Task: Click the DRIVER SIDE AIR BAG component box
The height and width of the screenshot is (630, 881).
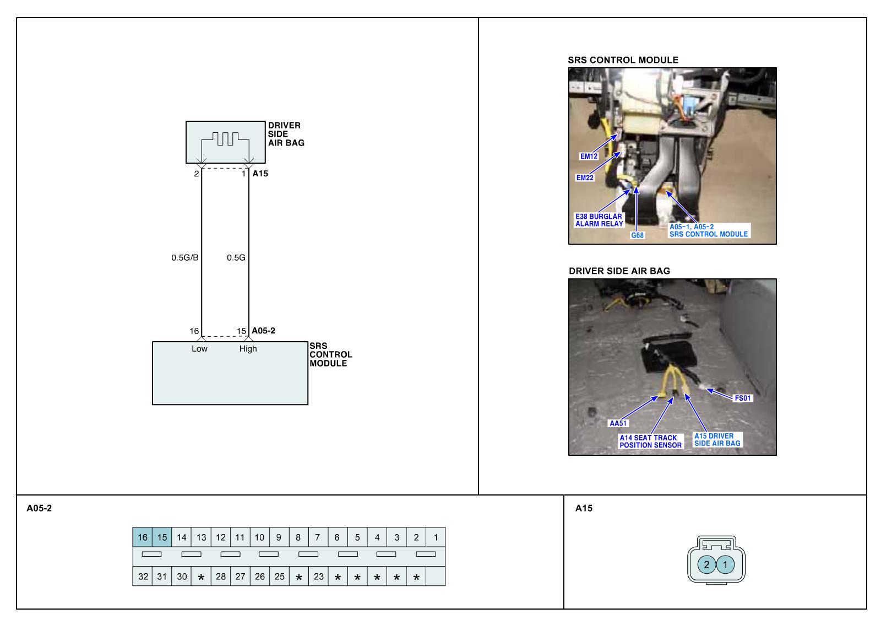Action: click(225, 142)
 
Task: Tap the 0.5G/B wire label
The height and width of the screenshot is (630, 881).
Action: click(185, 257)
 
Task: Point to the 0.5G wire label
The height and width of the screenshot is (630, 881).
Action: click(236, 257)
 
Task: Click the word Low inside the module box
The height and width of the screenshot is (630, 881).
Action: click(199, 349)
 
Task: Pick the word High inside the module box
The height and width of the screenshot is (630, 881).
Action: click(248, 349)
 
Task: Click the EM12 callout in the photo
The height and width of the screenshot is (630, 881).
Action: click(589, 156)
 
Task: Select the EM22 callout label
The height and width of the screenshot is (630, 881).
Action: click(585, 178)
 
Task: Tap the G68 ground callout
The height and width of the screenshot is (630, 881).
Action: click(637, 235)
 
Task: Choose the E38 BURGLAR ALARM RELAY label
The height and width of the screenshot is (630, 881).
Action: click(599, 220)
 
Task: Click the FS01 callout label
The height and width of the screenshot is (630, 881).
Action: click(743, 398)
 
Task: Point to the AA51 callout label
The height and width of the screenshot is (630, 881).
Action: click(618, 423)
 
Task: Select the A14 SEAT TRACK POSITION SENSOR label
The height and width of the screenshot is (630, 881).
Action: click(650, 441)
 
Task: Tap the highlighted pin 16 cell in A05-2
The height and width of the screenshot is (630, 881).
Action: click(143, 537)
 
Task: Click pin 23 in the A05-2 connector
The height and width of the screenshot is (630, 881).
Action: click(318, 577)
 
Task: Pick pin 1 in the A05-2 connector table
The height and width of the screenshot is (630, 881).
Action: click(436, 537)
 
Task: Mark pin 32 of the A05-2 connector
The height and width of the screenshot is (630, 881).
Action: click(143, 577)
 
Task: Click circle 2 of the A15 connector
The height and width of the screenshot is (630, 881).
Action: click(706, 564)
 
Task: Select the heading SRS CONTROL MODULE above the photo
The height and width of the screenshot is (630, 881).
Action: click(623, 60)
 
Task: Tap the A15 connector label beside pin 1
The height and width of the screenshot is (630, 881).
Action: click(260, 174)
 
